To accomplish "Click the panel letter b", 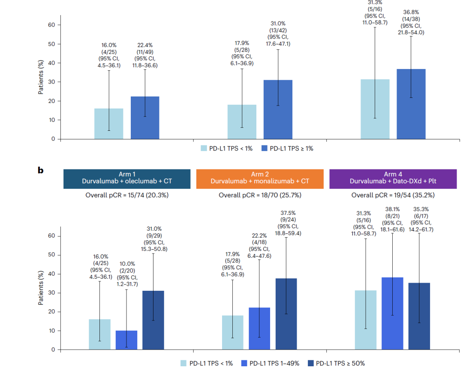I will (x=41, y=170).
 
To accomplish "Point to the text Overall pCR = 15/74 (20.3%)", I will (x=127, y=195).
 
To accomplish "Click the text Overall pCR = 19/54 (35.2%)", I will (x=393, y=195).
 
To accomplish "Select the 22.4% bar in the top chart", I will (x=145, y=118).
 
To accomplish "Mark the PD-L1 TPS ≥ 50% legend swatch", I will (x=310, y=363).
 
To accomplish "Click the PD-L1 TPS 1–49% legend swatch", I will (x=244, y=363).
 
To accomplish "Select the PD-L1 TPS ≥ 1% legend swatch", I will (x=263, y=148).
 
